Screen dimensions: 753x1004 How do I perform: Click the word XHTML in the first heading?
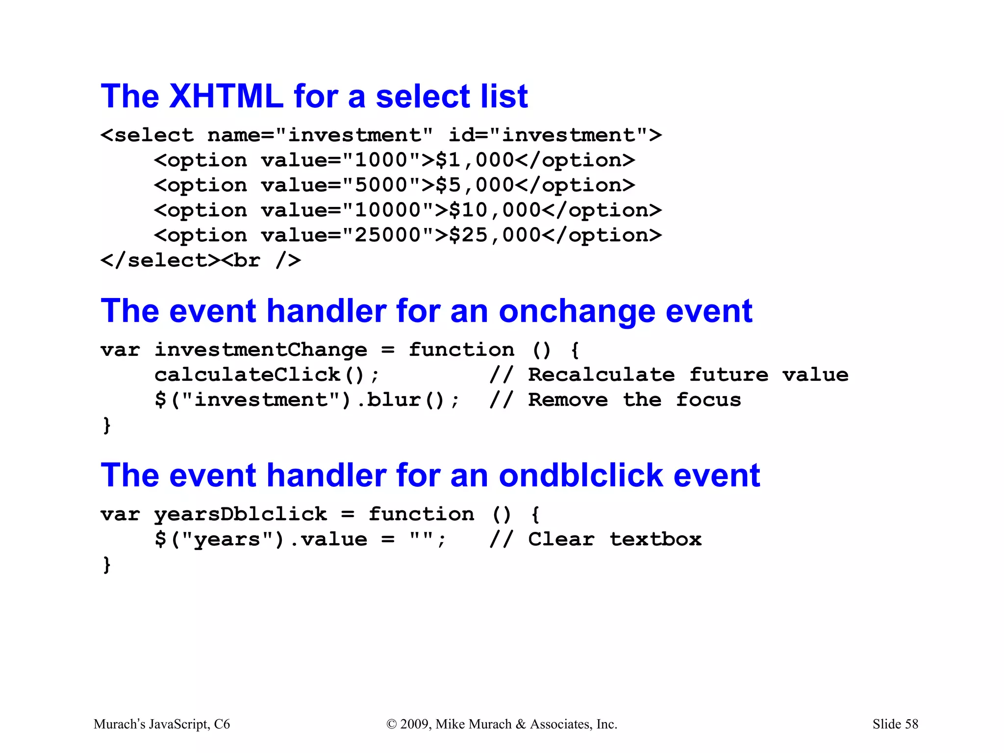226,96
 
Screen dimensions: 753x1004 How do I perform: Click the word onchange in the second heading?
577,312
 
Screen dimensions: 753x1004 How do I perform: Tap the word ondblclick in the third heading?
581,476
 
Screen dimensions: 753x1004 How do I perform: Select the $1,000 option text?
474,160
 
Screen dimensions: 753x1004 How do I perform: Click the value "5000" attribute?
341,185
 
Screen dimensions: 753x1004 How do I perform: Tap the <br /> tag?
261,260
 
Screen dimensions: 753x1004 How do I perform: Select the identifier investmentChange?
260,350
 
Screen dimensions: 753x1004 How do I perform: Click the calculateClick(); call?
267,375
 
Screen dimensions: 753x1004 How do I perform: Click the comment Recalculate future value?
687,375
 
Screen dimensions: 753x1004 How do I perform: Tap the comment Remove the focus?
634,400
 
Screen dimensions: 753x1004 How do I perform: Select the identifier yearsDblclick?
240,514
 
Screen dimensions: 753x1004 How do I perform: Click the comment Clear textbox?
614,539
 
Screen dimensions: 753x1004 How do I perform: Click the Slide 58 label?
895,724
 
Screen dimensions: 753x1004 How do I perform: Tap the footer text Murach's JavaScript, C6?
161,724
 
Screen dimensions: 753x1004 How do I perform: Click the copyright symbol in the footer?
391,725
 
